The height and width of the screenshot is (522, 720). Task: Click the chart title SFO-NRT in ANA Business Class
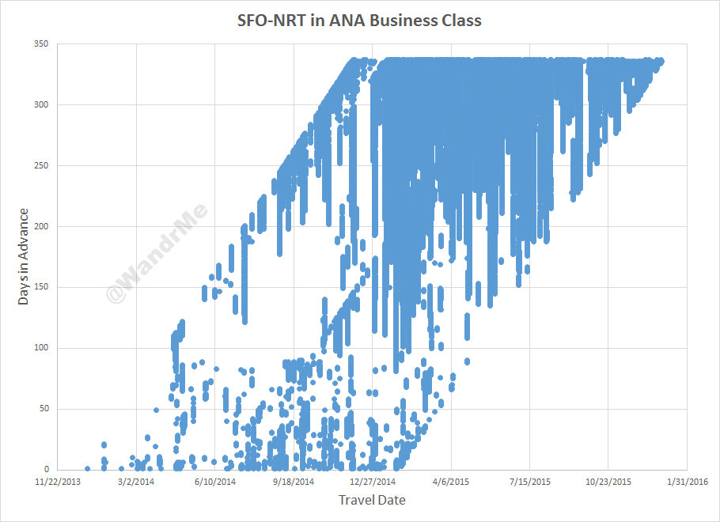(x=359, y=21)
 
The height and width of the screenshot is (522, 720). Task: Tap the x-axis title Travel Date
(x=372, y=500)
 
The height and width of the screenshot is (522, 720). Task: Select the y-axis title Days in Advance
(x=25, y=256)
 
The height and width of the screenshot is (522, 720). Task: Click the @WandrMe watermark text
(x=157, y=252)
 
